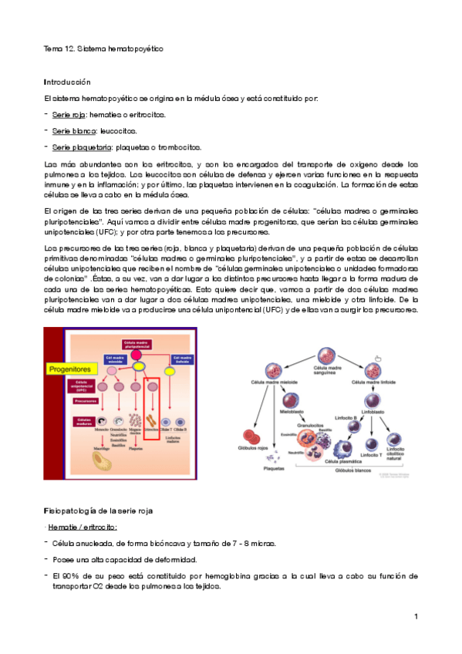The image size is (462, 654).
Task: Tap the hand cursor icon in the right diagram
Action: [378, 356]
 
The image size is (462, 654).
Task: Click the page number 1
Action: [415, 616]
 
